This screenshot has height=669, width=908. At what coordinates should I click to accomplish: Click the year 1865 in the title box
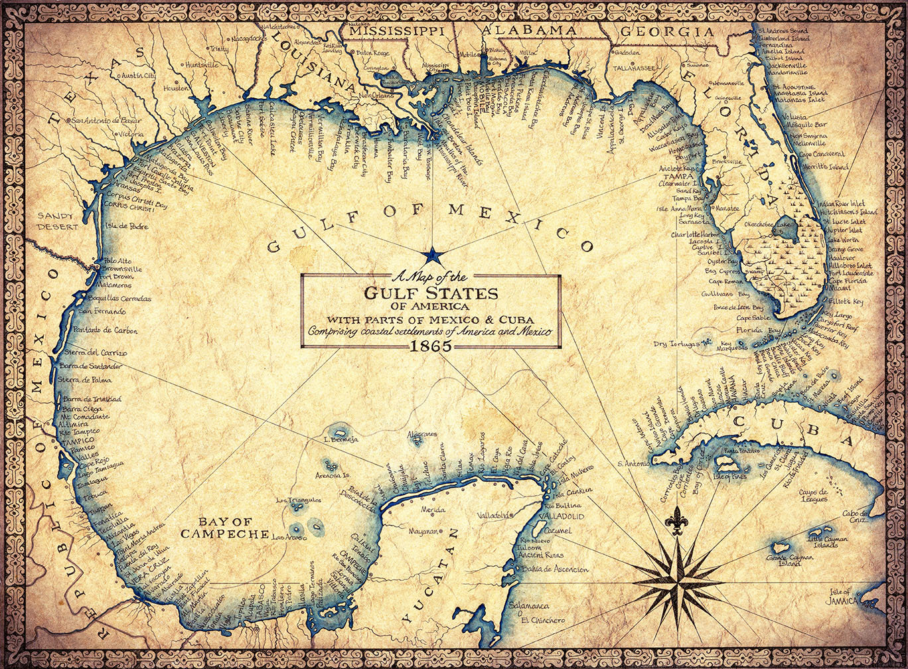coord(431,345)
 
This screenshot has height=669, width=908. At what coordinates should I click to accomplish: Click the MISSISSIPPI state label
coord(397,31)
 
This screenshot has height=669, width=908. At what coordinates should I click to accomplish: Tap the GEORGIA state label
coord(666,31)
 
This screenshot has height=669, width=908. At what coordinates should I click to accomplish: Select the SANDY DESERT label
coord(58,221)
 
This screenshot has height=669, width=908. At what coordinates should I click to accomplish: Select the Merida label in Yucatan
coord(433,510)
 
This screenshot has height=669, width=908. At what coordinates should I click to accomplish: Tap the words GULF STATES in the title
coord(431,293)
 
